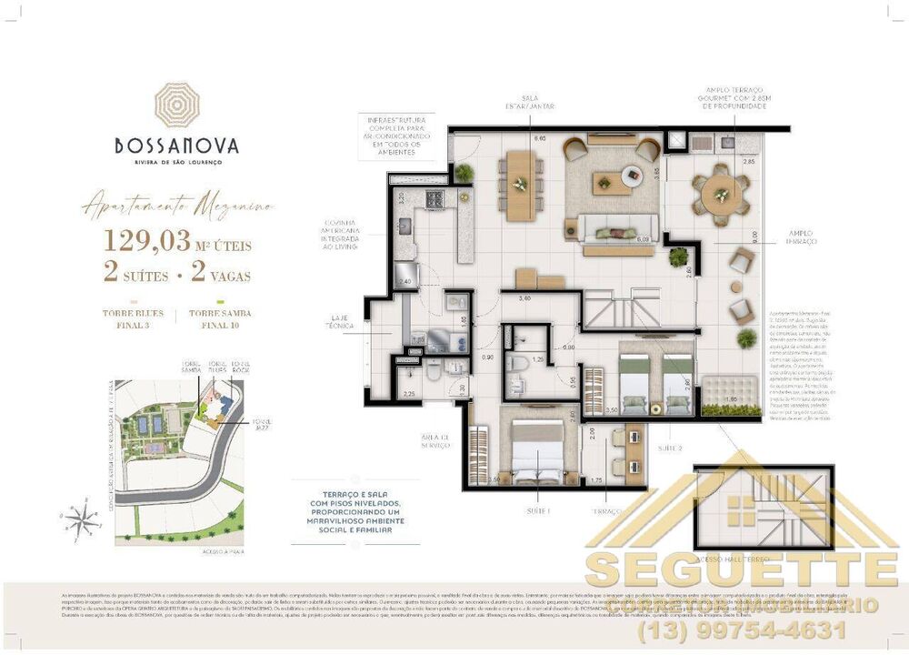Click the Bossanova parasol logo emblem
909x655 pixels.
pos(177,105)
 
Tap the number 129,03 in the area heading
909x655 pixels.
pos(147,241)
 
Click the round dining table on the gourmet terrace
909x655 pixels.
pos(722,194)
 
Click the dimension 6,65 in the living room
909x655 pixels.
pos(539,138)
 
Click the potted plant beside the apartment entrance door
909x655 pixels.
pos(464,172)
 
